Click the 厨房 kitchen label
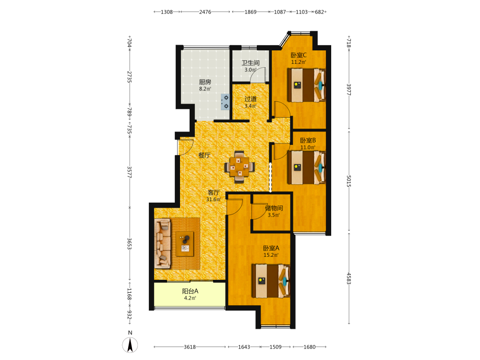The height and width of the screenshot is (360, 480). click(205, 82)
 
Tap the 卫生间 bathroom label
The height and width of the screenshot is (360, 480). click(251, 63)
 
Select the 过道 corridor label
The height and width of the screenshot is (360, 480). click(251, 99)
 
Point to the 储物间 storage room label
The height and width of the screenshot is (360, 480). click(274, 208)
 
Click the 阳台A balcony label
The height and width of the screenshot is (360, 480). click(190, 291)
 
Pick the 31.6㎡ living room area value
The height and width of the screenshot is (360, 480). click(214, 200)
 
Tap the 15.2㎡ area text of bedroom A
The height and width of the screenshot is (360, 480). click(271, 255)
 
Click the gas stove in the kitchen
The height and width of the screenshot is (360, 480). click(225, 102)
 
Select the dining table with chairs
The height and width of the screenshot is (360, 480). click(240, 167)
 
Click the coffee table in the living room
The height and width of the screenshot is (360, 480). click(185, 244)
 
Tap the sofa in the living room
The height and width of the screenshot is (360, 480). click(163, 243)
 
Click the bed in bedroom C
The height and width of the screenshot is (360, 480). click(306, 85)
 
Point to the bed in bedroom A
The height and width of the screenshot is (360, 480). click(271, 281)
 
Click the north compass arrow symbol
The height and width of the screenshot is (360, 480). click(130, 345)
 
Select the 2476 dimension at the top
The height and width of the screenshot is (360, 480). click(205, 12)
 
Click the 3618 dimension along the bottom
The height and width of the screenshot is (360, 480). click(190, 347)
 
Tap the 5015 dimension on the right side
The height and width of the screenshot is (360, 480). click(348, 181)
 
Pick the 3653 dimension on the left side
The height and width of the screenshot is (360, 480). click(130, 244)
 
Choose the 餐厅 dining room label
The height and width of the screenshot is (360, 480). click(204, 155)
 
